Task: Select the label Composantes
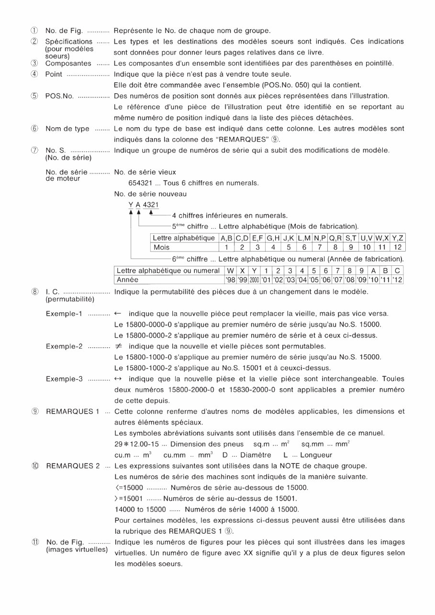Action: (x=68, y=63)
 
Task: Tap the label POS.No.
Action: (x=59, y=96)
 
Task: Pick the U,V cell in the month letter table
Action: (x=366, y=238)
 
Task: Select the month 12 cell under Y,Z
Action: (x=397, y=247)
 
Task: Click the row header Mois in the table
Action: (x=161, y=247)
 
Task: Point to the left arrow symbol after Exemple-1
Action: (x=118, y=314)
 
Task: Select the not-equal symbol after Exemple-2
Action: (x=118, y=346)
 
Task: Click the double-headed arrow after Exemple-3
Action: (x=118, y=379)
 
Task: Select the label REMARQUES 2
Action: (x=72, y=466)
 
